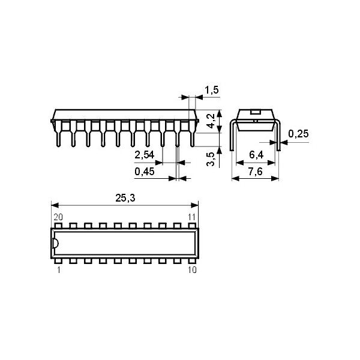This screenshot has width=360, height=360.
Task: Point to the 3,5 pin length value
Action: coord(211,159)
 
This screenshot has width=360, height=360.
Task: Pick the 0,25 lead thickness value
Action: coord(298,134)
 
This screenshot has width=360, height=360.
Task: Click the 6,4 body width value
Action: coord(256,155)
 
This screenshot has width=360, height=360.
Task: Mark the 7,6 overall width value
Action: coord(256,172)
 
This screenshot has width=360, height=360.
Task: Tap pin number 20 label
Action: coord(58,217)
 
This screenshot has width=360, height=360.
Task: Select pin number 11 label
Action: coord(192,217)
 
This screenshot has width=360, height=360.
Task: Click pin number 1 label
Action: coord(58,271)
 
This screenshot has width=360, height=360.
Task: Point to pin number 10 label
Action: coord(191,271)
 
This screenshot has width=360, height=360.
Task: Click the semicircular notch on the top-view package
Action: coord(55,244)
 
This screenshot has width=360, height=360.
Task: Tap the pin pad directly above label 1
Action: coord(59,261)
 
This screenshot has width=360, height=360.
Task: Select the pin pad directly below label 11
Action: coord(192,226)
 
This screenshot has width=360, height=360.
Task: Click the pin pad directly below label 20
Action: coord(59,226)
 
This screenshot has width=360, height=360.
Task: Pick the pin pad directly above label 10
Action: coord(192,261)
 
